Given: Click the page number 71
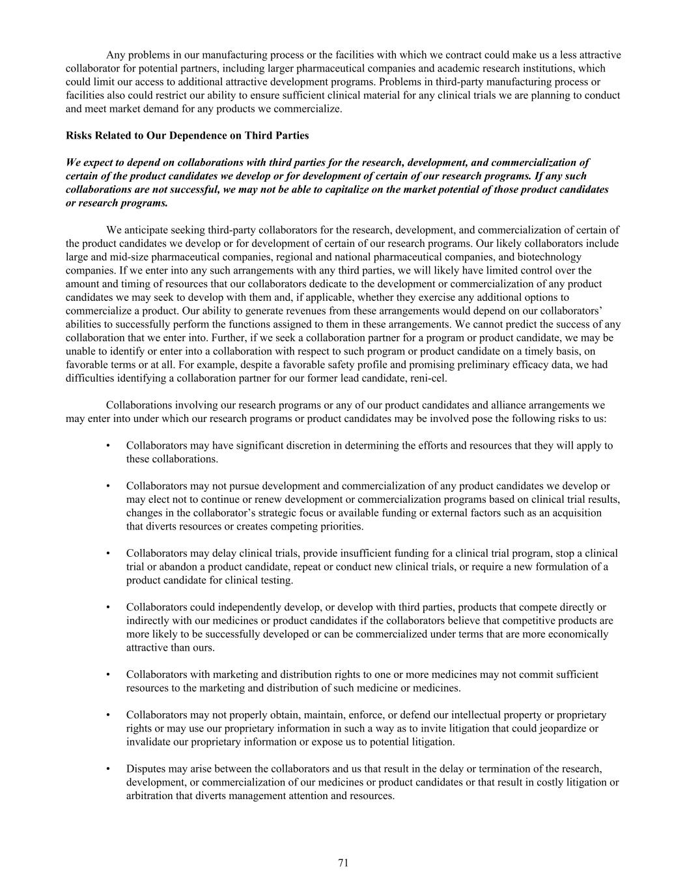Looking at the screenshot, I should pyautogui.click(x=343, y=863).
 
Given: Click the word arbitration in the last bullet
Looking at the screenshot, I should pyautogui.click(x=150, y=795).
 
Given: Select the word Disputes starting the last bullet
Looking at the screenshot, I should pyautogui.click(x=146, y=769).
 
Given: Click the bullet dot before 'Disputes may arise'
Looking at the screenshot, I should pyautogui.click(x=107, y=769).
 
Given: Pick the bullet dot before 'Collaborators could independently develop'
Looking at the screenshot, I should pyautogui.click(x=107, y=607).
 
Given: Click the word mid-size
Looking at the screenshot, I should pyautogui.click(x=128, y=257).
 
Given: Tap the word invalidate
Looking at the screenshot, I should pyautogui.click(x=150, y=741).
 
